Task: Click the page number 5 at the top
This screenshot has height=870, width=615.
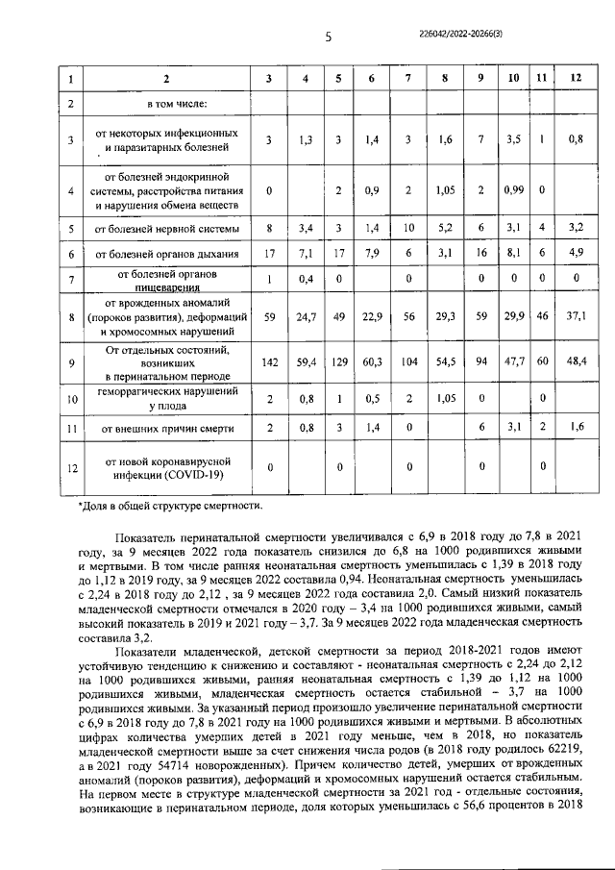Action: point(328,37)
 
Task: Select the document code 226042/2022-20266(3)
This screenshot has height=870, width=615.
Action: point(500,33)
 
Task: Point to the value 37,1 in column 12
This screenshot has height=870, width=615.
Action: point(576,314)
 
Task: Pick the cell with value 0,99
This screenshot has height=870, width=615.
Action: point(513,189)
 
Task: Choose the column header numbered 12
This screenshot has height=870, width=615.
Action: point(576,76)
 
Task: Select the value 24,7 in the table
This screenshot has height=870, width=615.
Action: point(305,314)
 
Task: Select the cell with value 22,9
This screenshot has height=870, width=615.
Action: point(371,314)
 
